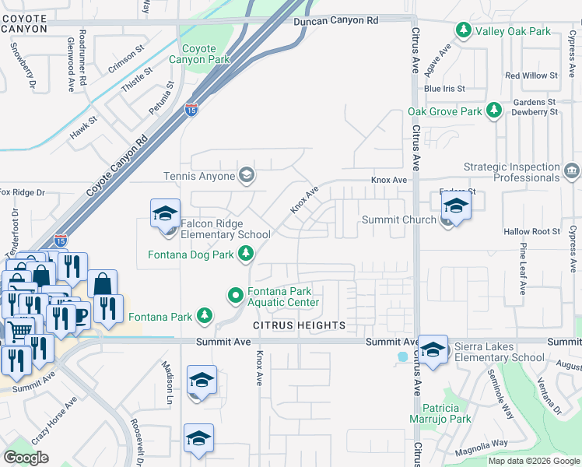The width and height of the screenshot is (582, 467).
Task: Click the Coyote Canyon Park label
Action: [199, 54]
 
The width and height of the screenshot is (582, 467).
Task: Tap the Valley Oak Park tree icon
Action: [464, 30]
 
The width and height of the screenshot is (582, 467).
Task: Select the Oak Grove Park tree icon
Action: [493, 111]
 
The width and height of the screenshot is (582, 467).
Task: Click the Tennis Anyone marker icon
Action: [247, 175]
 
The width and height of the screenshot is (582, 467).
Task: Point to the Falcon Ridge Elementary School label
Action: [225, 229]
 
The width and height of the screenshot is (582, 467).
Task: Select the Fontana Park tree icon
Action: [204, 316]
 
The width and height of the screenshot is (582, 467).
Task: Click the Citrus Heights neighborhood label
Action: [298, 325]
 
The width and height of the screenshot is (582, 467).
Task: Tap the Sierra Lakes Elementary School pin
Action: [433, 348]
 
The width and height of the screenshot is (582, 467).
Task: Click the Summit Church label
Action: [399, 220]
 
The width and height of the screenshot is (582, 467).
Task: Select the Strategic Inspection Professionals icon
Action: [572, 170]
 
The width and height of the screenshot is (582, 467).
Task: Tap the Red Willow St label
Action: [531, 75]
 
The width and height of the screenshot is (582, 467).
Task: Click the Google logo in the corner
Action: [26, 458]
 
